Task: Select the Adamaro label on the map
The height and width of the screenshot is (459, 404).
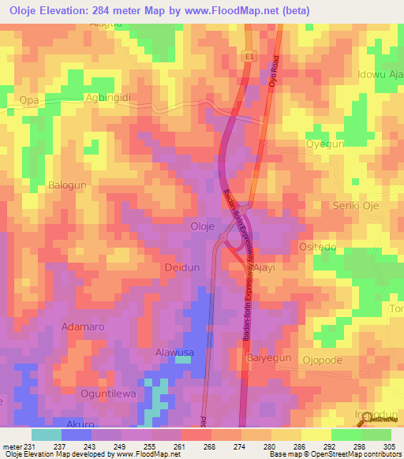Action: point(84,326)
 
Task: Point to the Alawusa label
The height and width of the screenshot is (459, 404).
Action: point(174,353)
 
